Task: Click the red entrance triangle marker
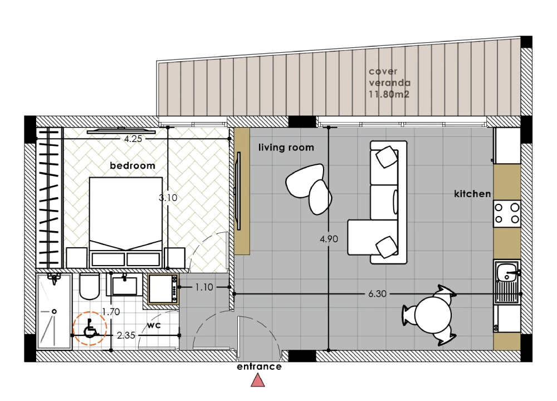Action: [258, 381]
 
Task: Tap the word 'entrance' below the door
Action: [260, 366]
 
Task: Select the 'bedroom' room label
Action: [133, 165]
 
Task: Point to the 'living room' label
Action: [286, 148]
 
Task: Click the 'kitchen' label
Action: [472, 194]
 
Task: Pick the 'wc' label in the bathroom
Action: [154, 325]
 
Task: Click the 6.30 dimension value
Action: [377, 294]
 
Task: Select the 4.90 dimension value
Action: [329, 239]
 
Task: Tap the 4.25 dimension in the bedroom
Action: [133, 139]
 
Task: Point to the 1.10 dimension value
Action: [204, 287]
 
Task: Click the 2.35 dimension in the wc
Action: [126, 335]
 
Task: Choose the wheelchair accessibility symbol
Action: [90, 328]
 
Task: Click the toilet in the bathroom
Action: [89, 286]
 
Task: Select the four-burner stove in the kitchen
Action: [507, 213]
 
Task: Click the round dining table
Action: [433, 315]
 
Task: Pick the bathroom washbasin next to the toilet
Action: [124, 285]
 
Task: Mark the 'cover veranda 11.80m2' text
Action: [390, 83]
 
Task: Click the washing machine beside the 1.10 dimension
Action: [163, 288]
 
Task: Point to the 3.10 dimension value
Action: [168, 198]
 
